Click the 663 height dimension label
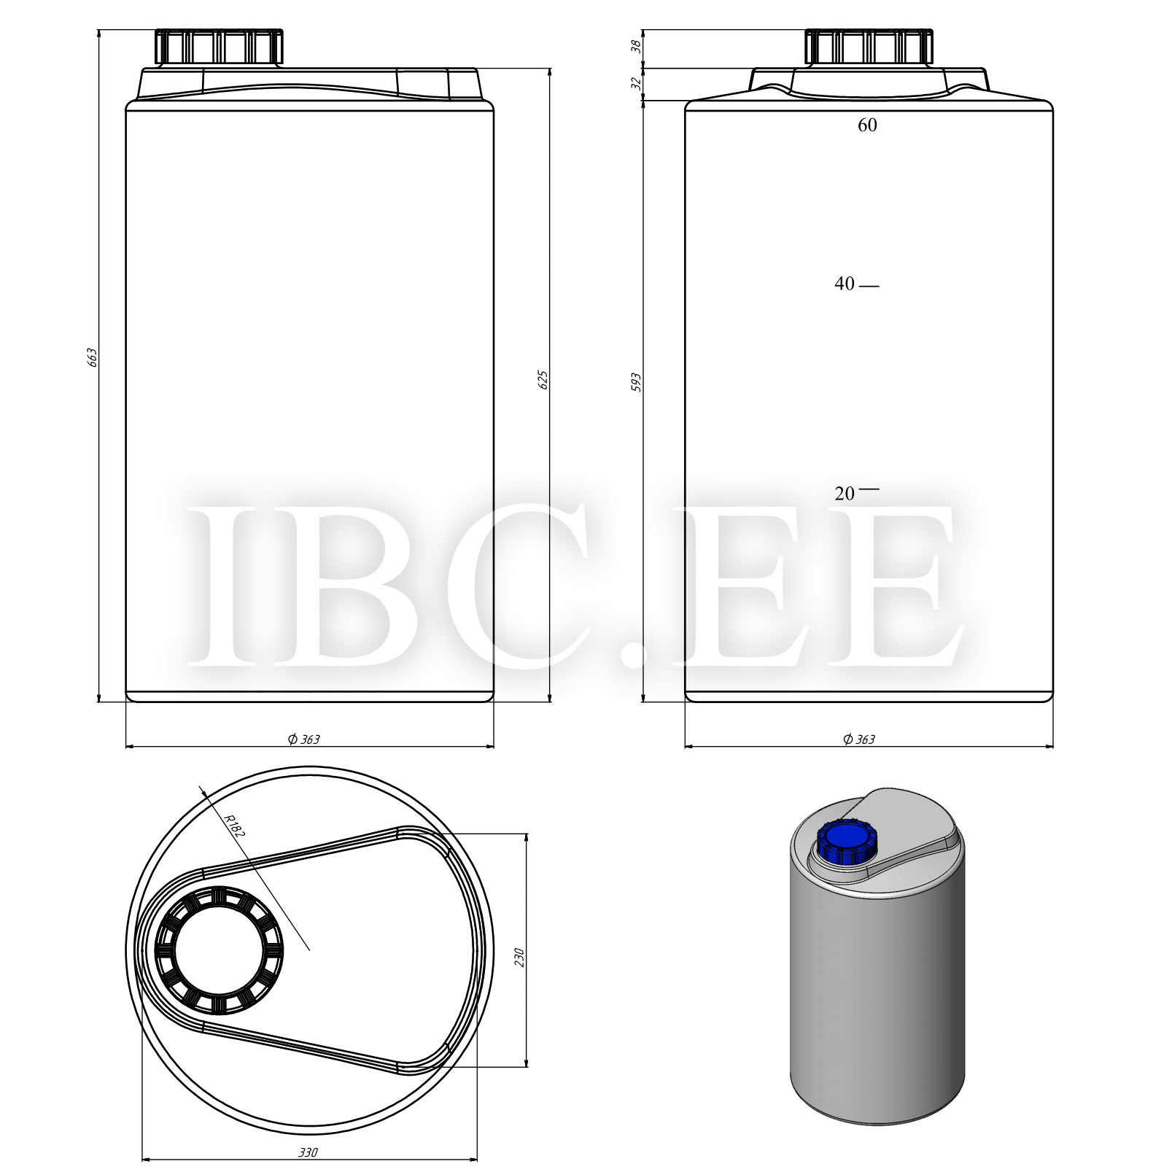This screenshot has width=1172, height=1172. tap(92, 357)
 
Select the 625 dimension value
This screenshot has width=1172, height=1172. tap(543, 380)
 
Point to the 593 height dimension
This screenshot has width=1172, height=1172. tap(636, 383)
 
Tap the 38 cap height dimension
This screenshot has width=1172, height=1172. tap(636, 46)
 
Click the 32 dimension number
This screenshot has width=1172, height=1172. tap(636, 84)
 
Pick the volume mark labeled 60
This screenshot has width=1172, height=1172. tap(867, 125)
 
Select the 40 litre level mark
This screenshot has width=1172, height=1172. tap(845, 284)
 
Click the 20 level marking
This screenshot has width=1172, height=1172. tap(845, 494)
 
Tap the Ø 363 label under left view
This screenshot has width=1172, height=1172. tap(303, 739)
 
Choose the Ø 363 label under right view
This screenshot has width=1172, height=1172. tap(859, 739)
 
